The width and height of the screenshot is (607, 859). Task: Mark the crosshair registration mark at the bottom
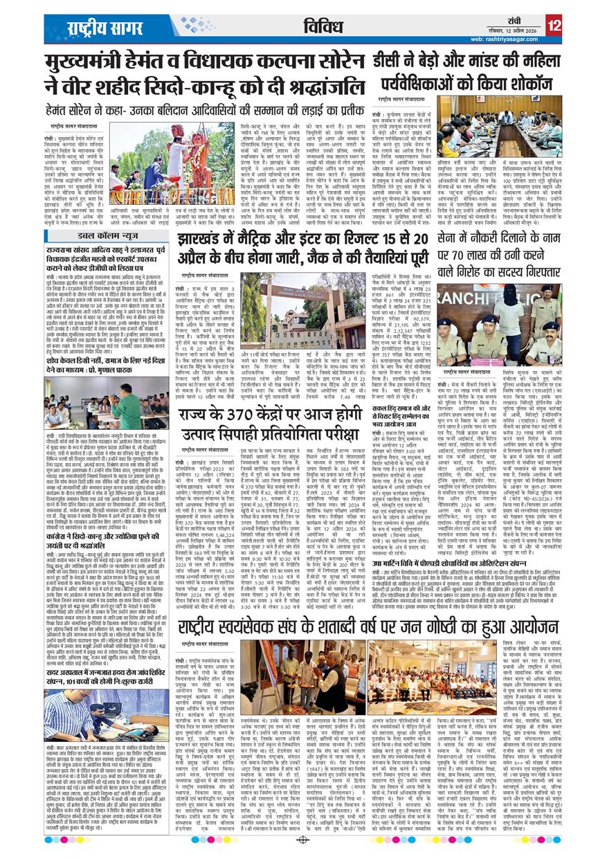(x=302, y=840)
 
